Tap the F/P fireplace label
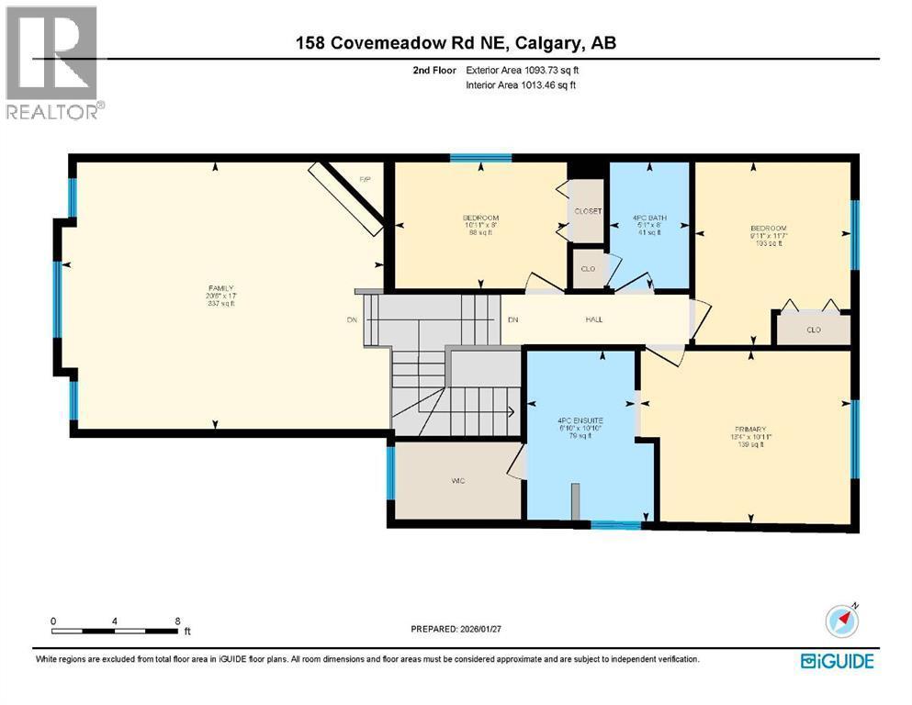tap(364, 179)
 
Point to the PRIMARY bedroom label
tap(749, 429)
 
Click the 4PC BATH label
tap(650, 218)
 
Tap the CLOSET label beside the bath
tap(587, 211)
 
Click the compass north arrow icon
tap(841, 621)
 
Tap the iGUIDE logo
tap(837, 661)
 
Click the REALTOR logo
tap(53, 63)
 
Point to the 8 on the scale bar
tap(177, 621)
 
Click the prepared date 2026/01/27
tap(457, 629)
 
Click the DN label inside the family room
tap(351, 319)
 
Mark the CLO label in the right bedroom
tap(813, 330)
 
